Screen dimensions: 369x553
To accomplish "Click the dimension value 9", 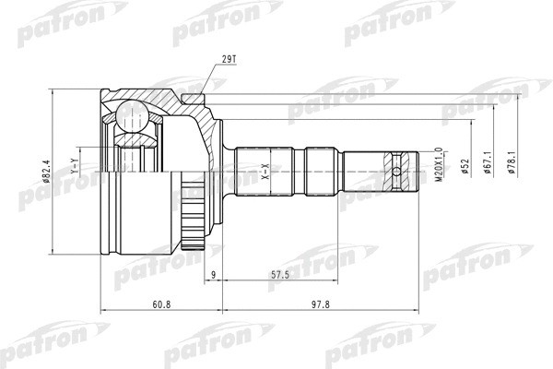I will coord(212,274).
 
